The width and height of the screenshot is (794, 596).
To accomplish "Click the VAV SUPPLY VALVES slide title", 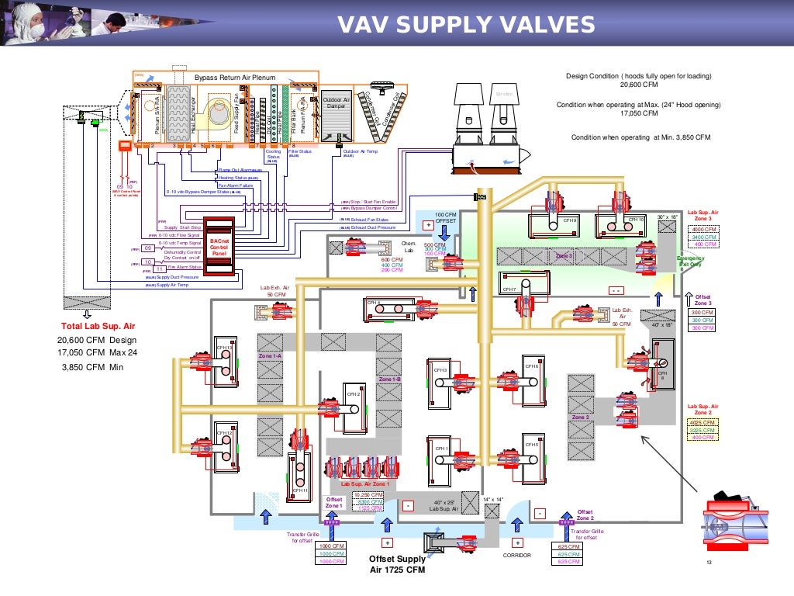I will click(x=466, y=26).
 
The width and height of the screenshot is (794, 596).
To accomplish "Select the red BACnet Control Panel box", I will click(x=220, y=248).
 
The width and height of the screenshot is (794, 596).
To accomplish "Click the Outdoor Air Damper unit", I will click(x=337, y=103).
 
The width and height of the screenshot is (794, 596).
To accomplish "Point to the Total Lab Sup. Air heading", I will click(x=98, y=326).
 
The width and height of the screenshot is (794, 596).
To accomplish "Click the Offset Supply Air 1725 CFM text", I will click(x=397, y=564).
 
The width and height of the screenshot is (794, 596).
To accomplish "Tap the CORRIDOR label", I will click(x=516, y=556).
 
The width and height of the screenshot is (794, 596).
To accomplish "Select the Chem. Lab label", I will click(x=409, y=247).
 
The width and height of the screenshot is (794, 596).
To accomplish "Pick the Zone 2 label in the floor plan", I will click(x=581, y=417).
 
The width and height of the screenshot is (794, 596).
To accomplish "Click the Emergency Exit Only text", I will click(x=690, y=262).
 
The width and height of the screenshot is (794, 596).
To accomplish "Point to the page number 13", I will click(x=708, y=564).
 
